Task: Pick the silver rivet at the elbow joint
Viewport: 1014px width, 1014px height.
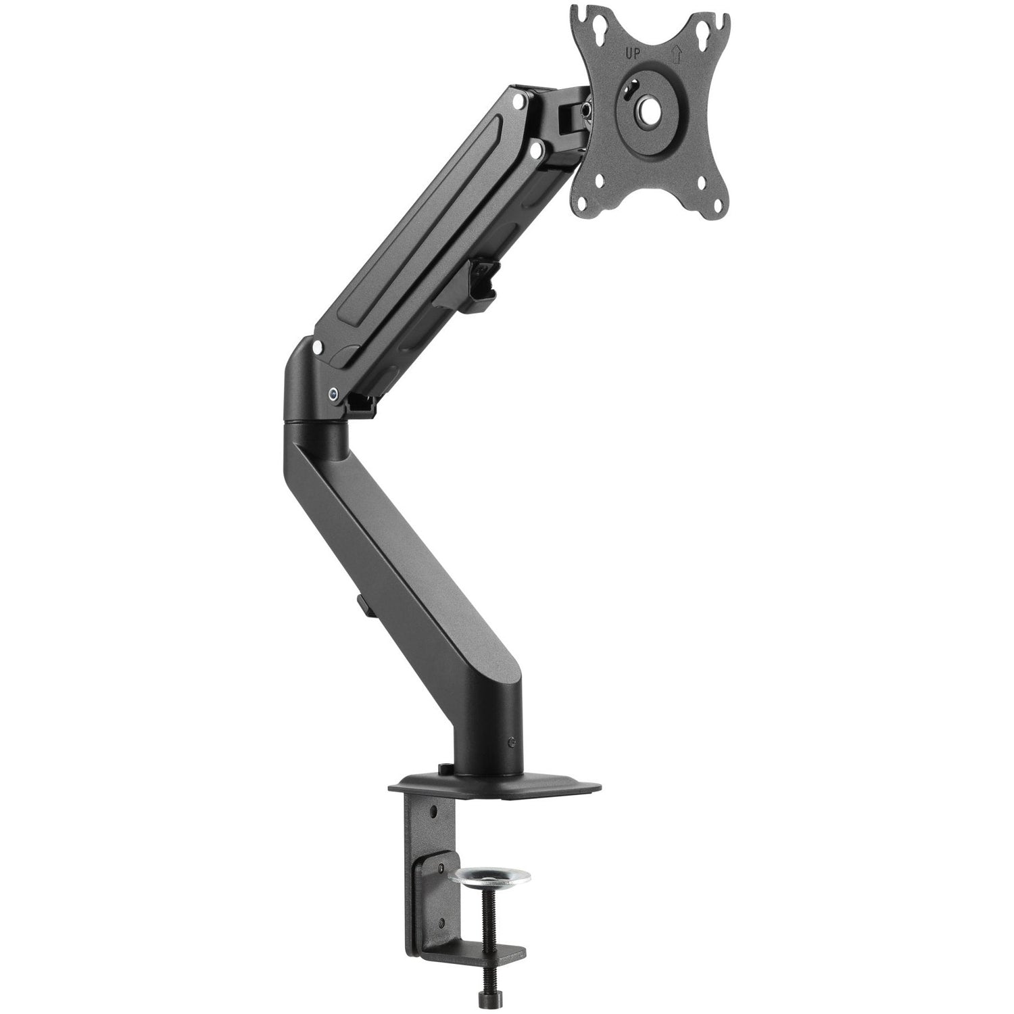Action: [x=317, y=348]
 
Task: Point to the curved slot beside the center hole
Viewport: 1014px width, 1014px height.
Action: [x=632, y=87]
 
